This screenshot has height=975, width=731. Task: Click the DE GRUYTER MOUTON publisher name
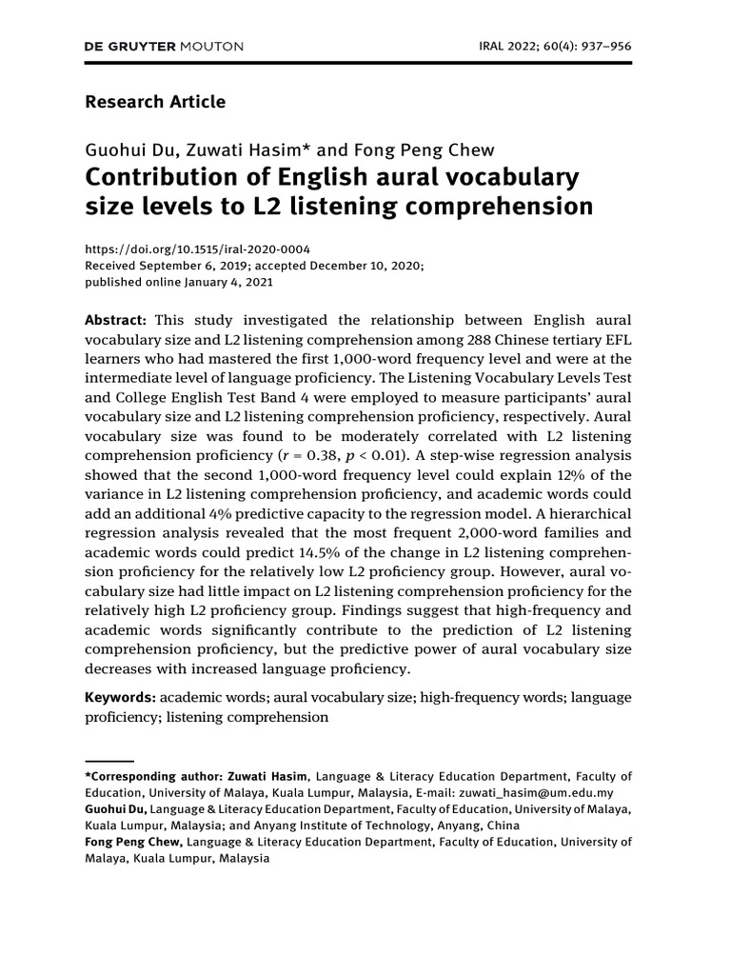point(165,46)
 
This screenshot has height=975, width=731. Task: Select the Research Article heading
point(155,101)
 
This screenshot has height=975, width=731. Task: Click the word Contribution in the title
point(161,177)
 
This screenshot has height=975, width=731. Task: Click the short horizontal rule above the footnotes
point(109,761)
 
